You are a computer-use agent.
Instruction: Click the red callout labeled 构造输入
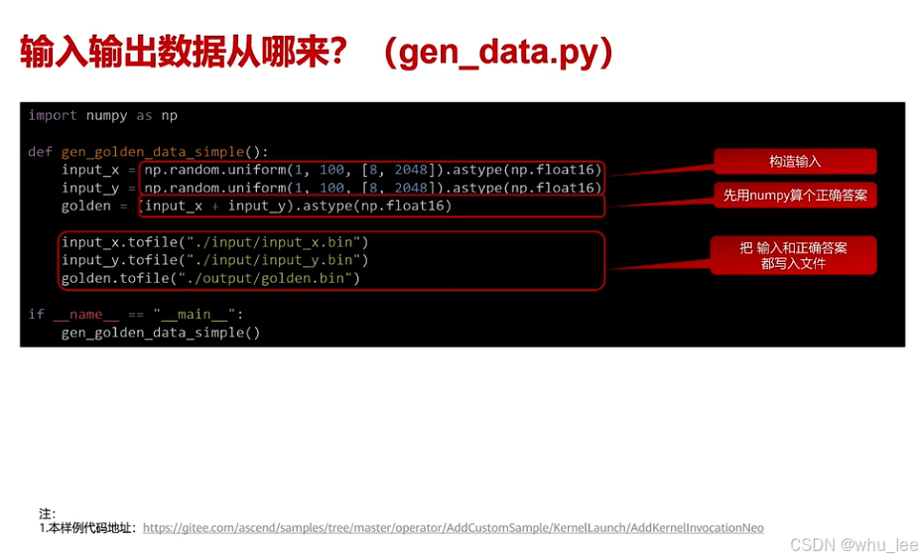(794, 161)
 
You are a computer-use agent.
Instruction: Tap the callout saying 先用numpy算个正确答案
(794, 196)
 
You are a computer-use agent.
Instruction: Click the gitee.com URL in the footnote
(453, 528)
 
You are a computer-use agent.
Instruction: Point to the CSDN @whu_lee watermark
(854, 545)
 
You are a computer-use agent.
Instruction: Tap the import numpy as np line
(102, 115)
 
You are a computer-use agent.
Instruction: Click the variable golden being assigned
(85, 206)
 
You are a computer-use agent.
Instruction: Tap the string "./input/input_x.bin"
(273, 242)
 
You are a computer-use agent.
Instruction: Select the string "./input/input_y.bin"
(273, 260)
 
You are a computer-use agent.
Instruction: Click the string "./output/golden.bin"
(265, 278)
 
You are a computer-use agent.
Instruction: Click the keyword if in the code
(36, 314)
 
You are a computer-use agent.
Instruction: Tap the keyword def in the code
(40, 152)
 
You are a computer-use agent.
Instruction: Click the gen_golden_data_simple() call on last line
(160, 332)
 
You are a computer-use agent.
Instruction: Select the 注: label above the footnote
(47, 513)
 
